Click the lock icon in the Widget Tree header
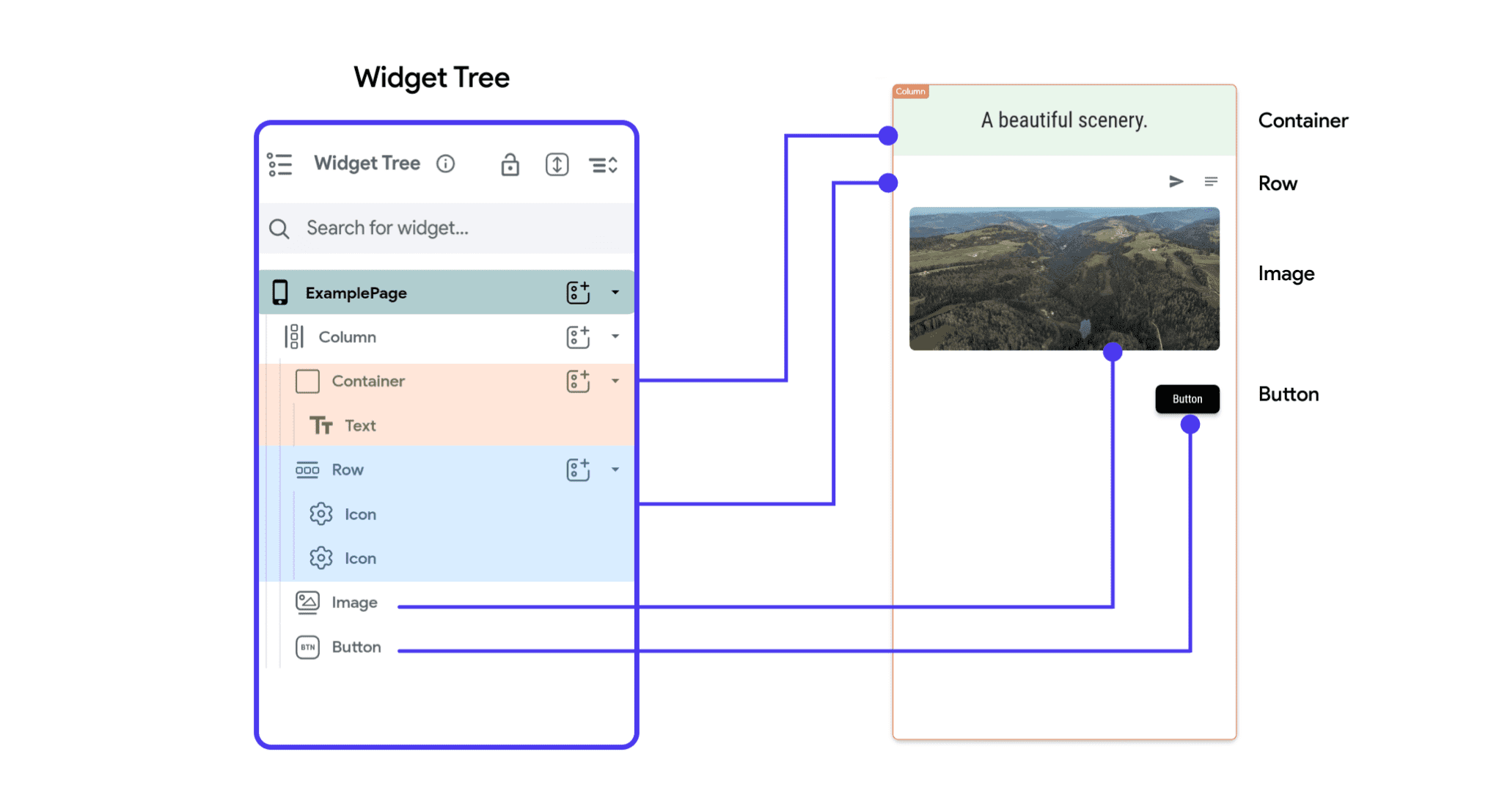point(510,165)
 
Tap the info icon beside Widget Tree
point(445,164)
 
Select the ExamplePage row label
point(356,293)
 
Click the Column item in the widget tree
point(347,337)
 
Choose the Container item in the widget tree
point(367,381)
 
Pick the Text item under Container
point(360,425)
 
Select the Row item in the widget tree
point(347,469)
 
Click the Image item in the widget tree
point(354,602)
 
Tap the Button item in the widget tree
point(356,647)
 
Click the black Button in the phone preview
point(1187,399)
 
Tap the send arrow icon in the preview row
point(1176,181)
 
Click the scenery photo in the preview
point(1063,278)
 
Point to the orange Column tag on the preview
point(910,92)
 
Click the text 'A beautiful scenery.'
point(1063,120)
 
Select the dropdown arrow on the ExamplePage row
point(615,293)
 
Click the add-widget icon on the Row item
point(578,469)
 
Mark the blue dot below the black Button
point(1190,425)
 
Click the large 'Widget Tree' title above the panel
point(431,78)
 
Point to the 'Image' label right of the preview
point(1286,274)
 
